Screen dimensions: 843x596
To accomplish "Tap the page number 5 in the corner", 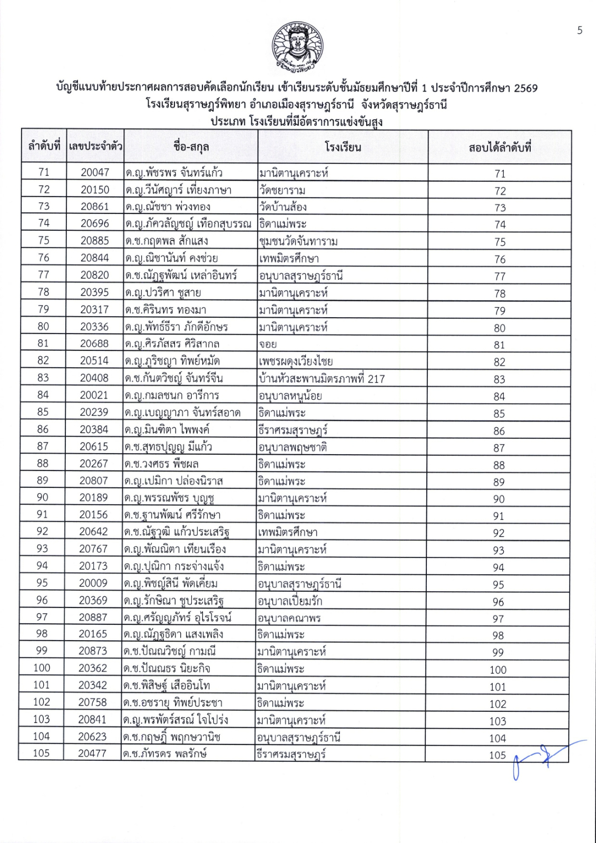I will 580,31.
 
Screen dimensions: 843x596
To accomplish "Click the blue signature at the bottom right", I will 543,758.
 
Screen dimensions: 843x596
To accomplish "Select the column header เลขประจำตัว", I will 95,146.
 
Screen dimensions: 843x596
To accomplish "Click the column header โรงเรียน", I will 343,147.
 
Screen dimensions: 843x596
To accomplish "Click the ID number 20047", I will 95,172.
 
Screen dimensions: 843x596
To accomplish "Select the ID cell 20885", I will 95,241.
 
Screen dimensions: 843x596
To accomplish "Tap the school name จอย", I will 268,344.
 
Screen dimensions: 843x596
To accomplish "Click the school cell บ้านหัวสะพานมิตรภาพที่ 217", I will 322,378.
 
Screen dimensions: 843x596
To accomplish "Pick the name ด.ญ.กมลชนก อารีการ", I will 172,395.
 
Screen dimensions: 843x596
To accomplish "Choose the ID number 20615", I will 94,447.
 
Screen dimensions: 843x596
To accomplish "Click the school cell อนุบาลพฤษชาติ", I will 292,447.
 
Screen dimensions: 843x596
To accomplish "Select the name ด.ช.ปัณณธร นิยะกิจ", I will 167,668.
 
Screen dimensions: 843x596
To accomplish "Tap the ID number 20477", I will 92,753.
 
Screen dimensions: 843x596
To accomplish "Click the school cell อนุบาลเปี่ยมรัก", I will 290,601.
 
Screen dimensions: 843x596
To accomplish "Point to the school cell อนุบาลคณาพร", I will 289,618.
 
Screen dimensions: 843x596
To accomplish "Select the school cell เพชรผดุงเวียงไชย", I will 296,361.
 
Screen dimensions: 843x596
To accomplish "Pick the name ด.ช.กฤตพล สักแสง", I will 167,241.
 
